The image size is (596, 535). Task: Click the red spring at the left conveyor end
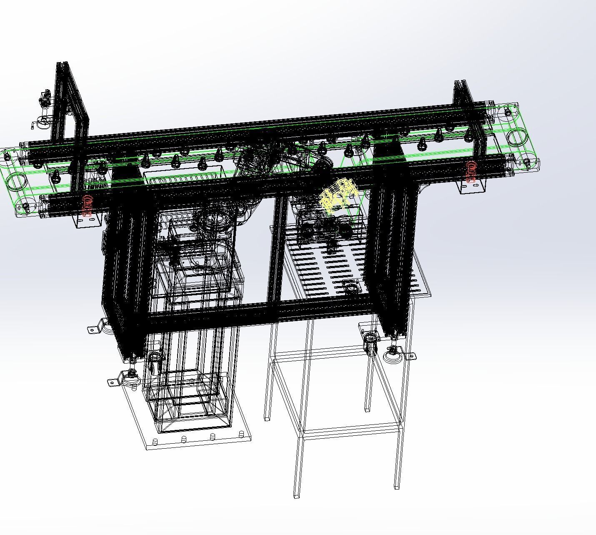87,205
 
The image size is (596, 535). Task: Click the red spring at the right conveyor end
471,171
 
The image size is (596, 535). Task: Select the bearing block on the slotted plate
353,287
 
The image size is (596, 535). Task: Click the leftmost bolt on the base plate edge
155,442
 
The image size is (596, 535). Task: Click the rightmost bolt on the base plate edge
241,434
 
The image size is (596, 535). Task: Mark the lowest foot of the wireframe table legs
296,495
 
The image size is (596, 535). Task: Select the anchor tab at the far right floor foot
410,356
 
